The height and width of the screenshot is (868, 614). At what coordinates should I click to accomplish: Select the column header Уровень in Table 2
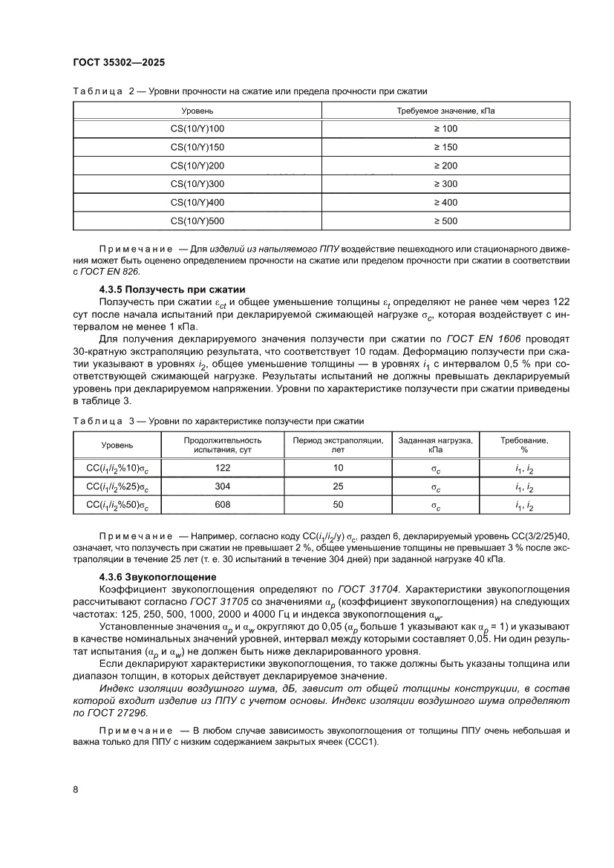[x=197, y=111]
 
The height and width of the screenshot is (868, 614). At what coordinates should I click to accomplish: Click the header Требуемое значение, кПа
[x=445, y=111]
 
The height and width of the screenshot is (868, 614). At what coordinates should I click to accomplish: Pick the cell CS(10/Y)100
[x=197, y=128]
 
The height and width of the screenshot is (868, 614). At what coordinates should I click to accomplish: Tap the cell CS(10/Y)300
[x=197, y=183]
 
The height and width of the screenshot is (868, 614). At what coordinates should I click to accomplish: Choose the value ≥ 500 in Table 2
[x=445, y=221]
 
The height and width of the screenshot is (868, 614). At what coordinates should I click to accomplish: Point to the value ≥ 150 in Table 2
[x=445, y=147]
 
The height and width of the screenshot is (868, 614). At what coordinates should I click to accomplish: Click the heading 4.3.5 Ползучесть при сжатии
[x=172, y=289]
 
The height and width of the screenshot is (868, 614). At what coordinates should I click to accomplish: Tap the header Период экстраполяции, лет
[x=338, y=445]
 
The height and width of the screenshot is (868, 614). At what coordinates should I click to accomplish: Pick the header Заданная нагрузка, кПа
[x=435, y=445]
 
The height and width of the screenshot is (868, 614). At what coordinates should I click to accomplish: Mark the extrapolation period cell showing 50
[x=338, y=505]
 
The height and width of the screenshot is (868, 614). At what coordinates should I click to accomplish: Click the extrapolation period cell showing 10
[x=338, y=468]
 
